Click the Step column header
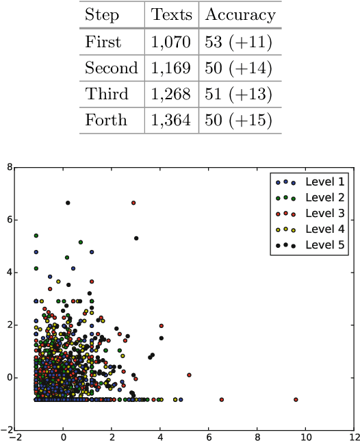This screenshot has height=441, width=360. tap(102, 16)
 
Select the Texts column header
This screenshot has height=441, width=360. tap(171, 16)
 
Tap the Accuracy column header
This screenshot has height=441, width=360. tap(240, 16)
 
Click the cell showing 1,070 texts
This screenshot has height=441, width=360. tap(171, 42)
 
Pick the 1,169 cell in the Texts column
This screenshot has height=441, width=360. tap(171, 68)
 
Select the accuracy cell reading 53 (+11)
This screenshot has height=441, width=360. tap(238, 42)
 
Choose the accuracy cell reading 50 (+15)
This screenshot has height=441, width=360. tap(238, 121)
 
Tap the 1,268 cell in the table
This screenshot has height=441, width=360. tap(171, 94)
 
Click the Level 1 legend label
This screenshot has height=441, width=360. tap(324, 182)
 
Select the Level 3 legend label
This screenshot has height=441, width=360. tap(324, 214)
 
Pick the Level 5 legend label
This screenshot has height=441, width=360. tap(324, 244)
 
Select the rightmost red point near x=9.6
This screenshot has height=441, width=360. tap(296, 399)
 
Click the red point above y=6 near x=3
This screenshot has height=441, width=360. tap(133, 203)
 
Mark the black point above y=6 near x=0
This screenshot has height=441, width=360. tap(68, 203)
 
